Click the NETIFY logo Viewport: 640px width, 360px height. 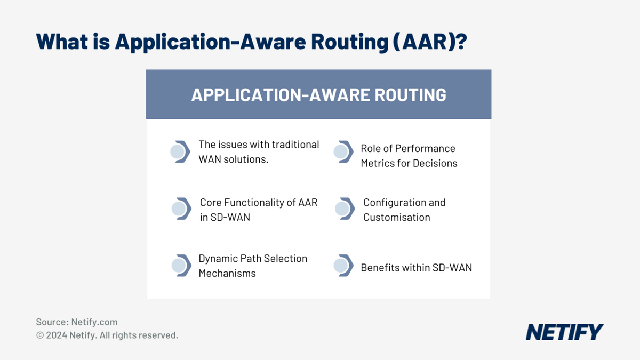[x=564, y=332]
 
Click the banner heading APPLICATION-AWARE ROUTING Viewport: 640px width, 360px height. [x=318, y=95]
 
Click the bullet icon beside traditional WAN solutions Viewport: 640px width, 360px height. [x=180, y=152]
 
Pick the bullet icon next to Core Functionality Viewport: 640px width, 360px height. [x=181, y=209]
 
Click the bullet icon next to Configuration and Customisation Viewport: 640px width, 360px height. [x=344, y=209]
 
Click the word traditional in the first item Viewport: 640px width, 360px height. [x=295, y=145]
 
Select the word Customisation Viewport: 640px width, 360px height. [x=396, y=217]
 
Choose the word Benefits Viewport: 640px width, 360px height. [x=380, y=268]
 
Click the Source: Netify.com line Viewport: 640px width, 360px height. [x=77, y=322]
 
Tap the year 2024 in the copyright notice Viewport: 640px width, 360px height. [x=57, y=335]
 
